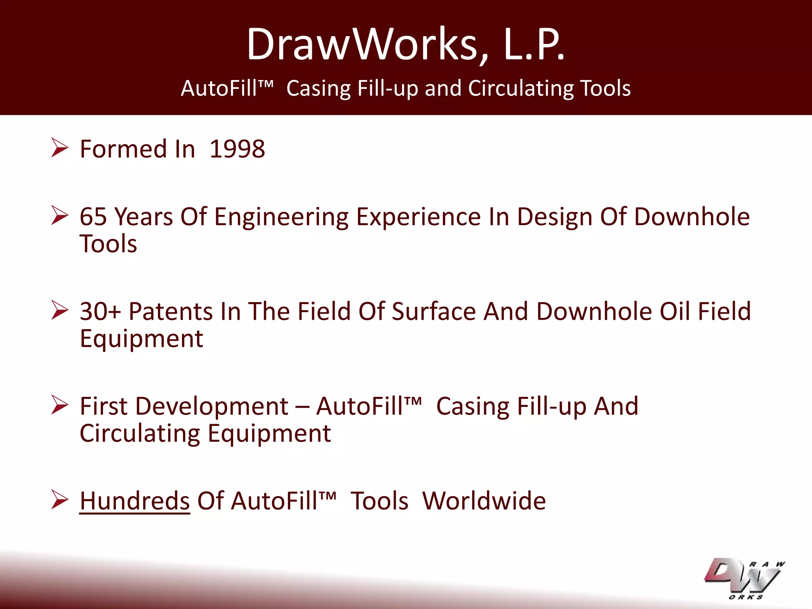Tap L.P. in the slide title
click(x=534, y=44)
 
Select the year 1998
click(x=237, y=149)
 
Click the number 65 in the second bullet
click(x=93, y=217)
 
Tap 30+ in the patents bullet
click(x=100, y=311)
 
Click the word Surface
click(x=433, y=311)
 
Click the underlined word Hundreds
click(x=135, y=501)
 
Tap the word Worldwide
click(x=484, y=501)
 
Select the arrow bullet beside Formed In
click(x=59, y=148)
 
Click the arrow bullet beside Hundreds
click(x=59, y=500)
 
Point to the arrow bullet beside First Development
click(x=59, y=405)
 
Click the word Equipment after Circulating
click(x=269, y=433)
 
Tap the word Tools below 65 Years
click(x=108, y=244)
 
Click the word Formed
click(x=123, y=149)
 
